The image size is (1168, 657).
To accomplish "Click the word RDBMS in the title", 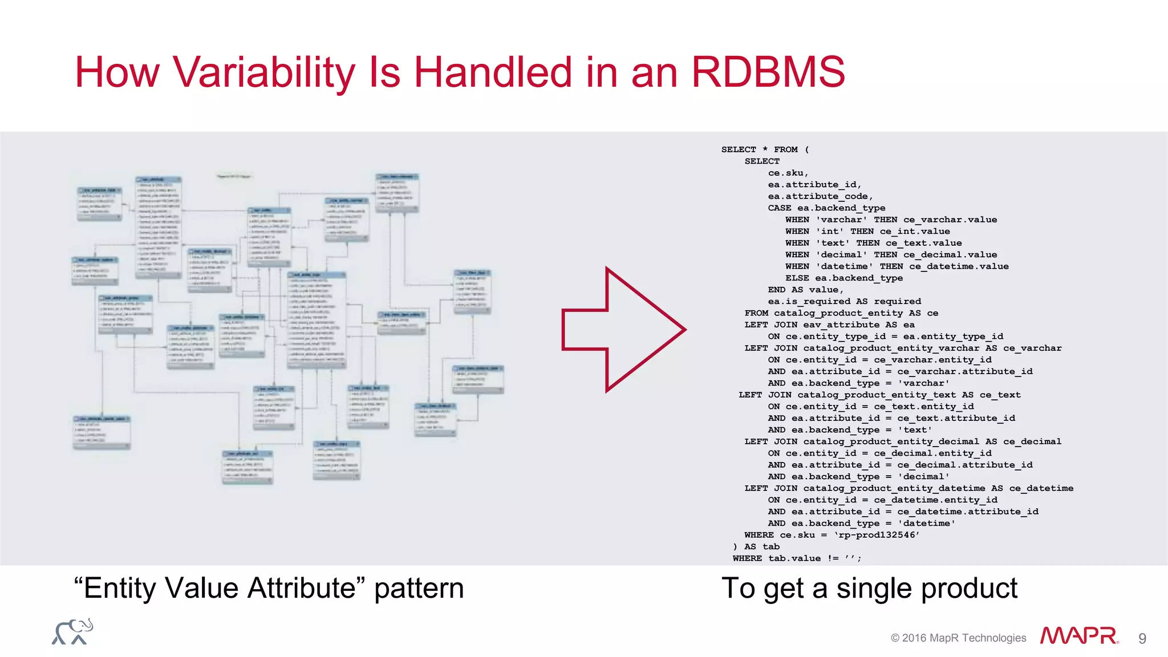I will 768,72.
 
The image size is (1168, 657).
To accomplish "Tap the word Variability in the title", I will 263,72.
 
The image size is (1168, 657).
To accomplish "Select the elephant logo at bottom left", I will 72,632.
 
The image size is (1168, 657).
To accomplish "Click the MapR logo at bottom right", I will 1078,636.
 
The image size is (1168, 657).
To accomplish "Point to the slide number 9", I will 1142,638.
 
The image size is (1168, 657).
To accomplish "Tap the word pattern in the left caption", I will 419,588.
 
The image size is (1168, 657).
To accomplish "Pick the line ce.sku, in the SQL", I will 788,173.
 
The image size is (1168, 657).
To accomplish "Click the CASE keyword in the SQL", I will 779,208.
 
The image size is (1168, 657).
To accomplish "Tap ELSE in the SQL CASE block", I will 797,278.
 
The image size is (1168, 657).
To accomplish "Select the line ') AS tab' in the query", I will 756,546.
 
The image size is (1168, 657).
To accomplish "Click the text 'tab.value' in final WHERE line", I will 794,558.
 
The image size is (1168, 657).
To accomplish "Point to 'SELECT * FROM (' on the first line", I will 765,149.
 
